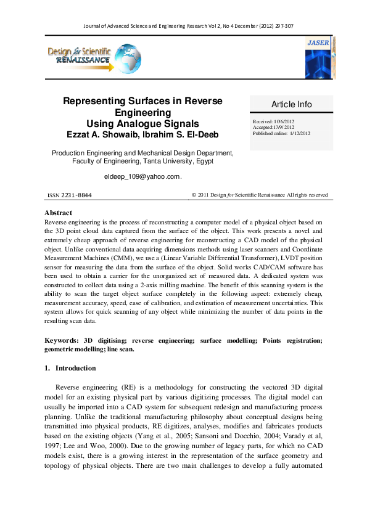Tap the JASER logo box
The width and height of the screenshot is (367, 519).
pos(319,56)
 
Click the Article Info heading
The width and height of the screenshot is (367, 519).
pos(292,104)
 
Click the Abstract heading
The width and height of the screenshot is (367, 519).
pos(59,213)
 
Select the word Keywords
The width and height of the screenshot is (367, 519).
pos(61,340)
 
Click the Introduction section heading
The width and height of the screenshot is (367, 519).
pos(75,369)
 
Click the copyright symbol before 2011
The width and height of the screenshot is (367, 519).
pos(194,195)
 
